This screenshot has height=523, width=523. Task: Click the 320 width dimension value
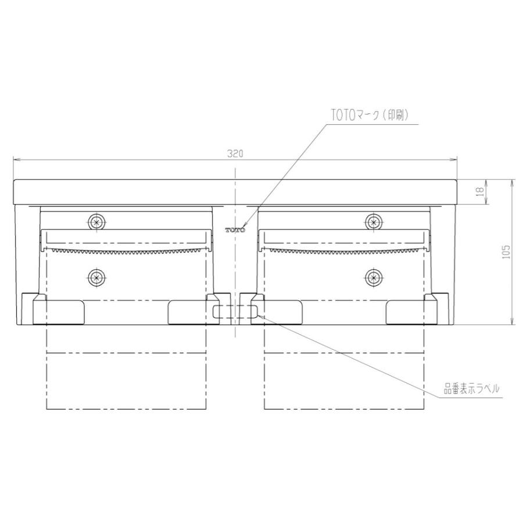[235, 153]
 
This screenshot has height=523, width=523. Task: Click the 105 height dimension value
[506, 251]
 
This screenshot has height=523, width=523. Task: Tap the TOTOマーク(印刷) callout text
[370, 115]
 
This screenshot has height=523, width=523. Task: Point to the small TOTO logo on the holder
[235, 230]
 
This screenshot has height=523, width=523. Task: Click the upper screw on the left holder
[96, 221]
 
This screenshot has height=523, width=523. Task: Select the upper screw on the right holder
[374, 221]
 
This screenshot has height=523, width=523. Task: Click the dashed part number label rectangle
[235, 312]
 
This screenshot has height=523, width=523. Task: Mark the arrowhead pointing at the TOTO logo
[245, 225]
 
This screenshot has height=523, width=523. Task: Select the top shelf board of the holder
[235, 192]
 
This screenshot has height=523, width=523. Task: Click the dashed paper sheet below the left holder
[126, 372]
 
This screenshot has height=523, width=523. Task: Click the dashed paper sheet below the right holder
[345, 372]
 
